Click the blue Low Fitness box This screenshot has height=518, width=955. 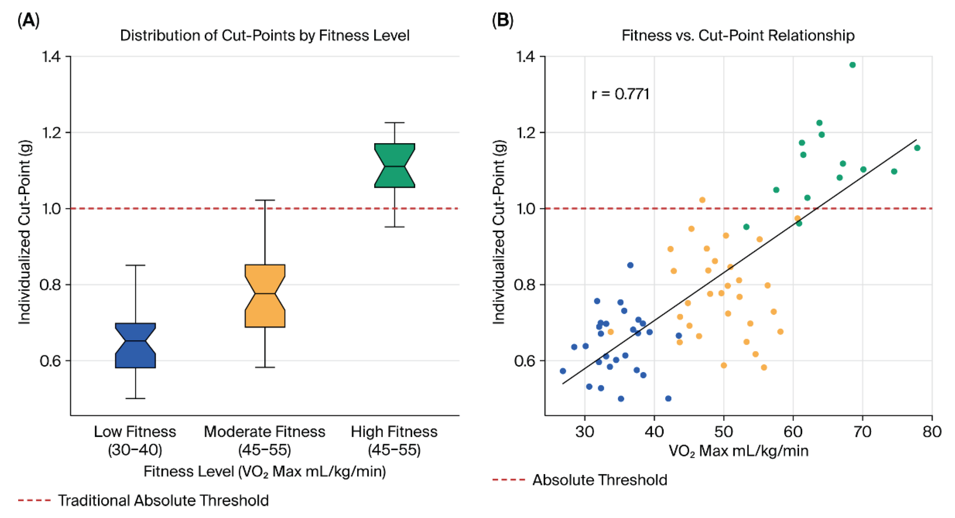pos(135,345)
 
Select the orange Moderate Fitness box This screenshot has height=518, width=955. pos(265,296)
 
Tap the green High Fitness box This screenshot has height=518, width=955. pos(395,165)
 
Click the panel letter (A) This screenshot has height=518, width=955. pos(29,20)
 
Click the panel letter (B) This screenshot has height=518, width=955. pos(502,20)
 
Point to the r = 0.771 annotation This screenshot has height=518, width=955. pos(621,94)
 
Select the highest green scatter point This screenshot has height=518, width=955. pos(852,65)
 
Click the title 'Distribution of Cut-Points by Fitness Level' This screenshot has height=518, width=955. pos(265,35)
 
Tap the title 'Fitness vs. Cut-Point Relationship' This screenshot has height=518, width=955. pos(738,35)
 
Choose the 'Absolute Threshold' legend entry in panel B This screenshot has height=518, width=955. pos(600,480)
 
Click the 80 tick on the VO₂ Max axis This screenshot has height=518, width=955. pos(932,431)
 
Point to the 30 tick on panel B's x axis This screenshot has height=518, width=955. pos(585,431)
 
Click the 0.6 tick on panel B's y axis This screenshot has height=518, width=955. pos(525,361)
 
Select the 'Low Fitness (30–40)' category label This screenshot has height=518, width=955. pos(135,441)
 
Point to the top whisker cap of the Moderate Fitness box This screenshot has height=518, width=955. pos(265,200)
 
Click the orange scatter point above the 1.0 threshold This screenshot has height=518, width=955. pos(702,200)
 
